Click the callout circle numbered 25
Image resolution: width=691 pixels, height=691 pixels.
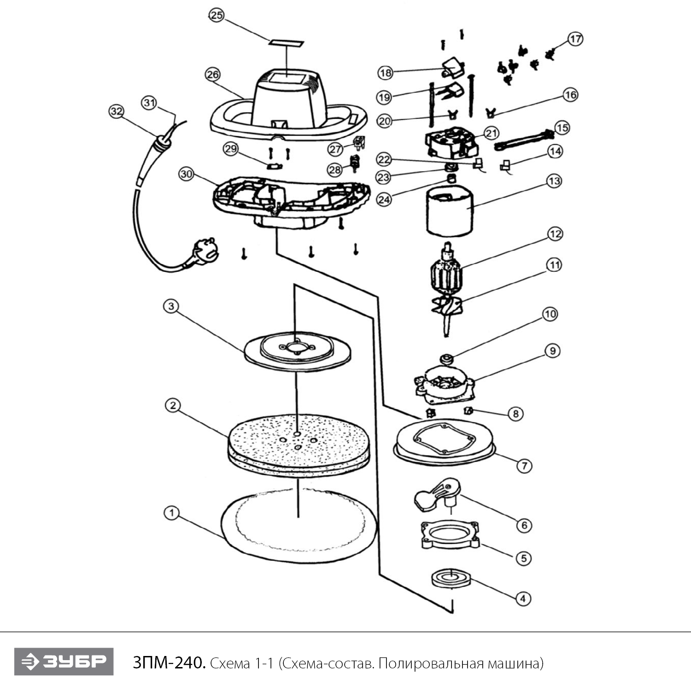pyautogui.click(x=216, y=15)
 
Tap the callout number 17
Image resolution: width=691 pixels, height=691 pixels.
pyautogui.click(x=575, y=39)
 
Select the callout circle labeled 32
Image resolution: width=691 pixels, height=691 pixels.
pyautogui.click(x=117, y=111)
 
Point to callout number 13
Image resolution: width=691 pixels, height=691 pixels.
pyautogui.click(x=554, y=181)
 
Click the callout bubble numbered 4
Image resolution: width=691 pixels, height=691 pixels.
pyautogui.click(x=522, y=598)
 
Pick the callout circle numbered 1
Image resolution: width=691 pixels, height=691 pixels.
pyautogui.click(x=171, y=513)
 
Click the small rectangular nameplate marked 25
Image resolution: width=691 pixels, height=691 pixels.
pyautogui.click(x=287, y=43)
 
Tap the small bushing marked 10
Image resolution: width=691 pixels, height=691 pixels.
pyautogui.click(x=446, y=358)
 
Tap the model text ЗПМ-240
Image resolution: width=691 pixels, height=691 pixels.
pyautogui.click(x=168, y=663)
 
